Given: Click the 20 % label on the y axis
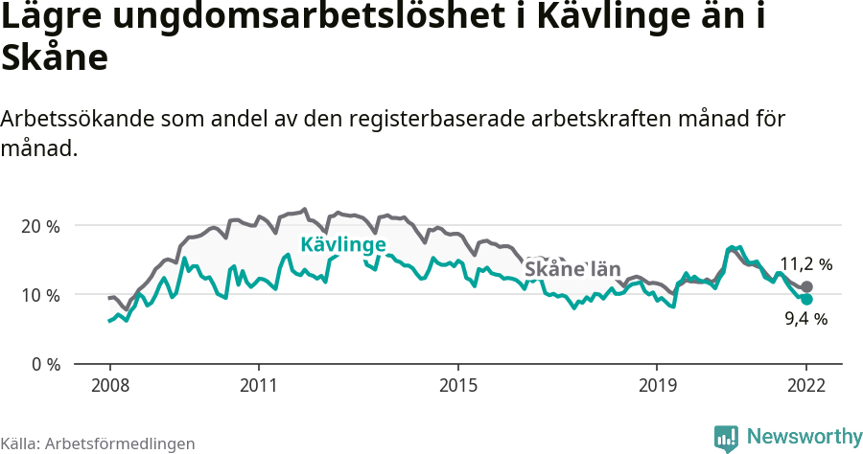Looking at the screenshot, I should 40,226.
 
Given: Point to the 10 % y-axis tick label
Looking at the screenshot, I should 40,295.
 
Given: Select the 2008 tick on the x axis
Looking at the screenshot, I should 109,386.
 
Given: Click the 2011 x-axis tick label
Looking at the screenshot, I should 259,386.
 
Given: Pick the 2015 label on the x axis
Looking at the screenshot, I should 458,386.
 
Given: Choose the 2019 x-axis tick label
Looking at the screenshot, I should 657,386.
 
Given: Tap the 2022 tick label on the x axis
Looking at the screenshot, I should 806,386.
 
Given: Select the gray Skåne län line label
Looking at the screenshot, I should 572,269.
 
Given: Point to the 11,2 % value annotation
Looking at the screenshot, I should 805,263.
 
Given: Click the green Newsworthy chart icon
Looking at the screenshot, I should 726,438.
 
